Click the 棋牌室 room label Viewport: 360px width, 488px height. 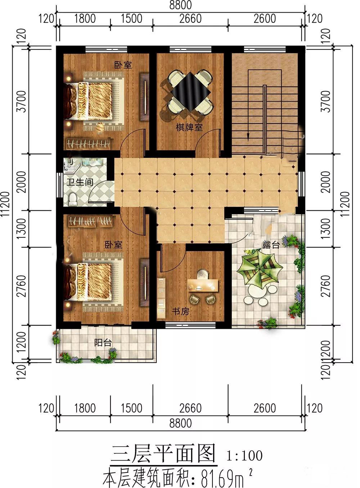(x=189, y=127)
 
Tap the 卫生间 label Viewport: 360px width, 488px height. (x=80, y=182)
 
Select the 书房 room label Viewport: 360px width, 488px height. (x=180, y=311)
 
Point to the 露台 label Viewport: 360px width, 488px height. (x=271, y=245)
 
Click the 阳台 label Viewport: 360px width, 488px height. (x=103, y=343)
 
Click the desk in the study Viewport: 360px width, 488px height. (x=203, y=285)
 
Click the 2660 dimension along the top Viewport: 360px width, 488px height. (x=190, y=18)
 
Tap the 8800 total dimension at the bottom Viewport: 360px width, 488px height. (x=181, y=423)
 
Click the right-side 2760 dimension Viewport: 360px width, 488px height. (x=326, y=286)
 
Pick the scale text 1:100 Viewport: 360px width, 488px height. (x=244, y=455)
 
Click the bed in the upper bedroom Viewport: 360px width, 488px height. (x=94, y=101)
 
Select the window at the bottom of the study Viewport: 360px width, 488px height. (x=190, y=325)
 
